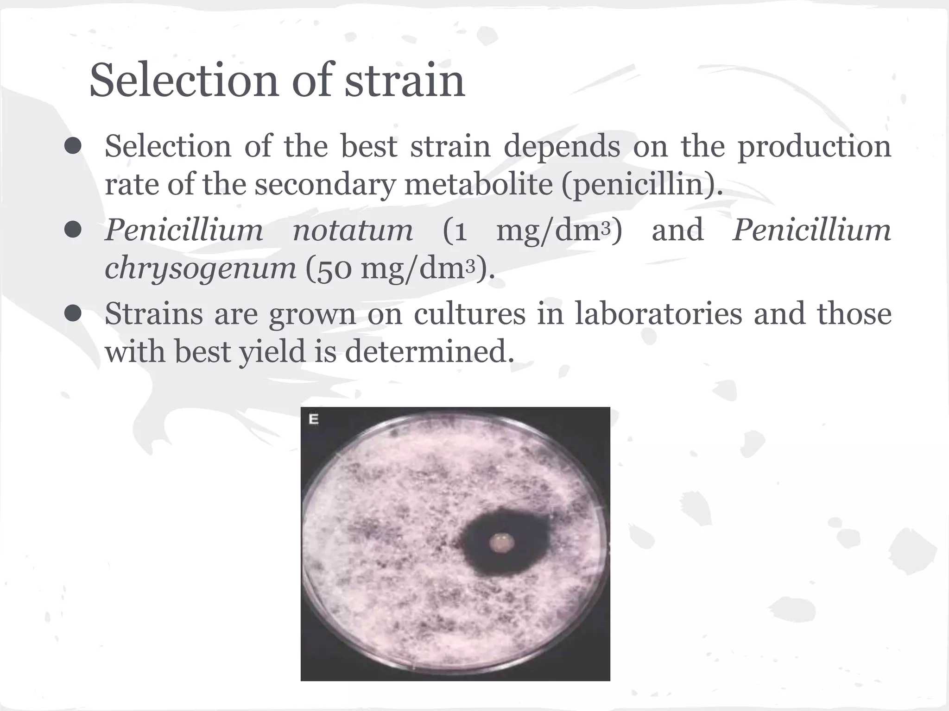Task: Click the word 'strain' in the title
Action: [x=405, y=81]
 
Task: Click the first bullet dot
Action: [x=73, y=147]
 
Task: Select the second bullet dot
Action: [x=73, y=230]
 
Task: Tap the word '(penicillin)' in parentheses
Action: [x=642, y=185]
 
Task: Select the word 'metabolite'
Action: [x=479, y=185]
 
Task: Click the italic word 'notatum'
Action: [x=353, y=230]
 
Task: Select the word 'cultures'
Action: [x=469, y=314]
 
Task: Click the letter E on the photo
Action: [x=314, y=420]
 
